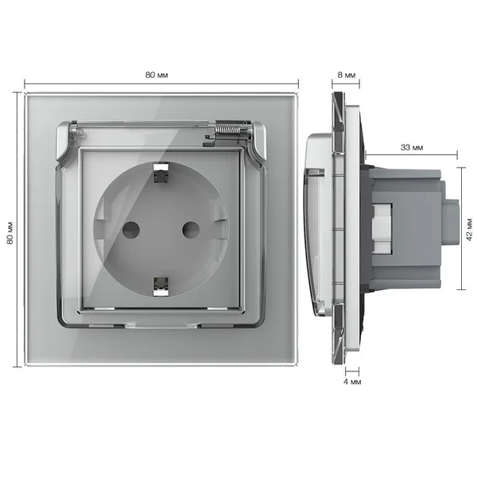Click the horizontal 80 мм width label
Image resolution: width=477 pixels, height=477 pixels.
157,75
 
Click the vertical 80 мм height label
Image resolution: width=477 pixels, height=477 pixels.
10,232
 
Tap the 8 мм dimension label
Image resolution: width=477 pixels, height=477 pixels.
346,75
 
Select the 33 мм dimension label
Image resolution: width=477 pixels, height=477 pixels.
412,148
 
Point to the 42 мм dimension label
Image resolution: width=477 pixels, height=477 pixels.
469,230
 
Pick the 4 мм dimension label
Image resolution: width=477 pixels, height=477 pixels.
352,382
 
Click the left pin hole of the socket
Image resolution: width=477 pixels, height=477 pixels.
131,230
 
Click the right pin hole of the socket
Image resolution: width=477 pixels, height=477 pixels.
191,230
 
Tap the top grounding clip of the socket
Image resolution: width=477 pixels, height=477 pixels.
161,173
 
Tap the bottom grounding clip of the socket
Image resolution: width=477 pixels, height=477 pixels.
161,286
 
